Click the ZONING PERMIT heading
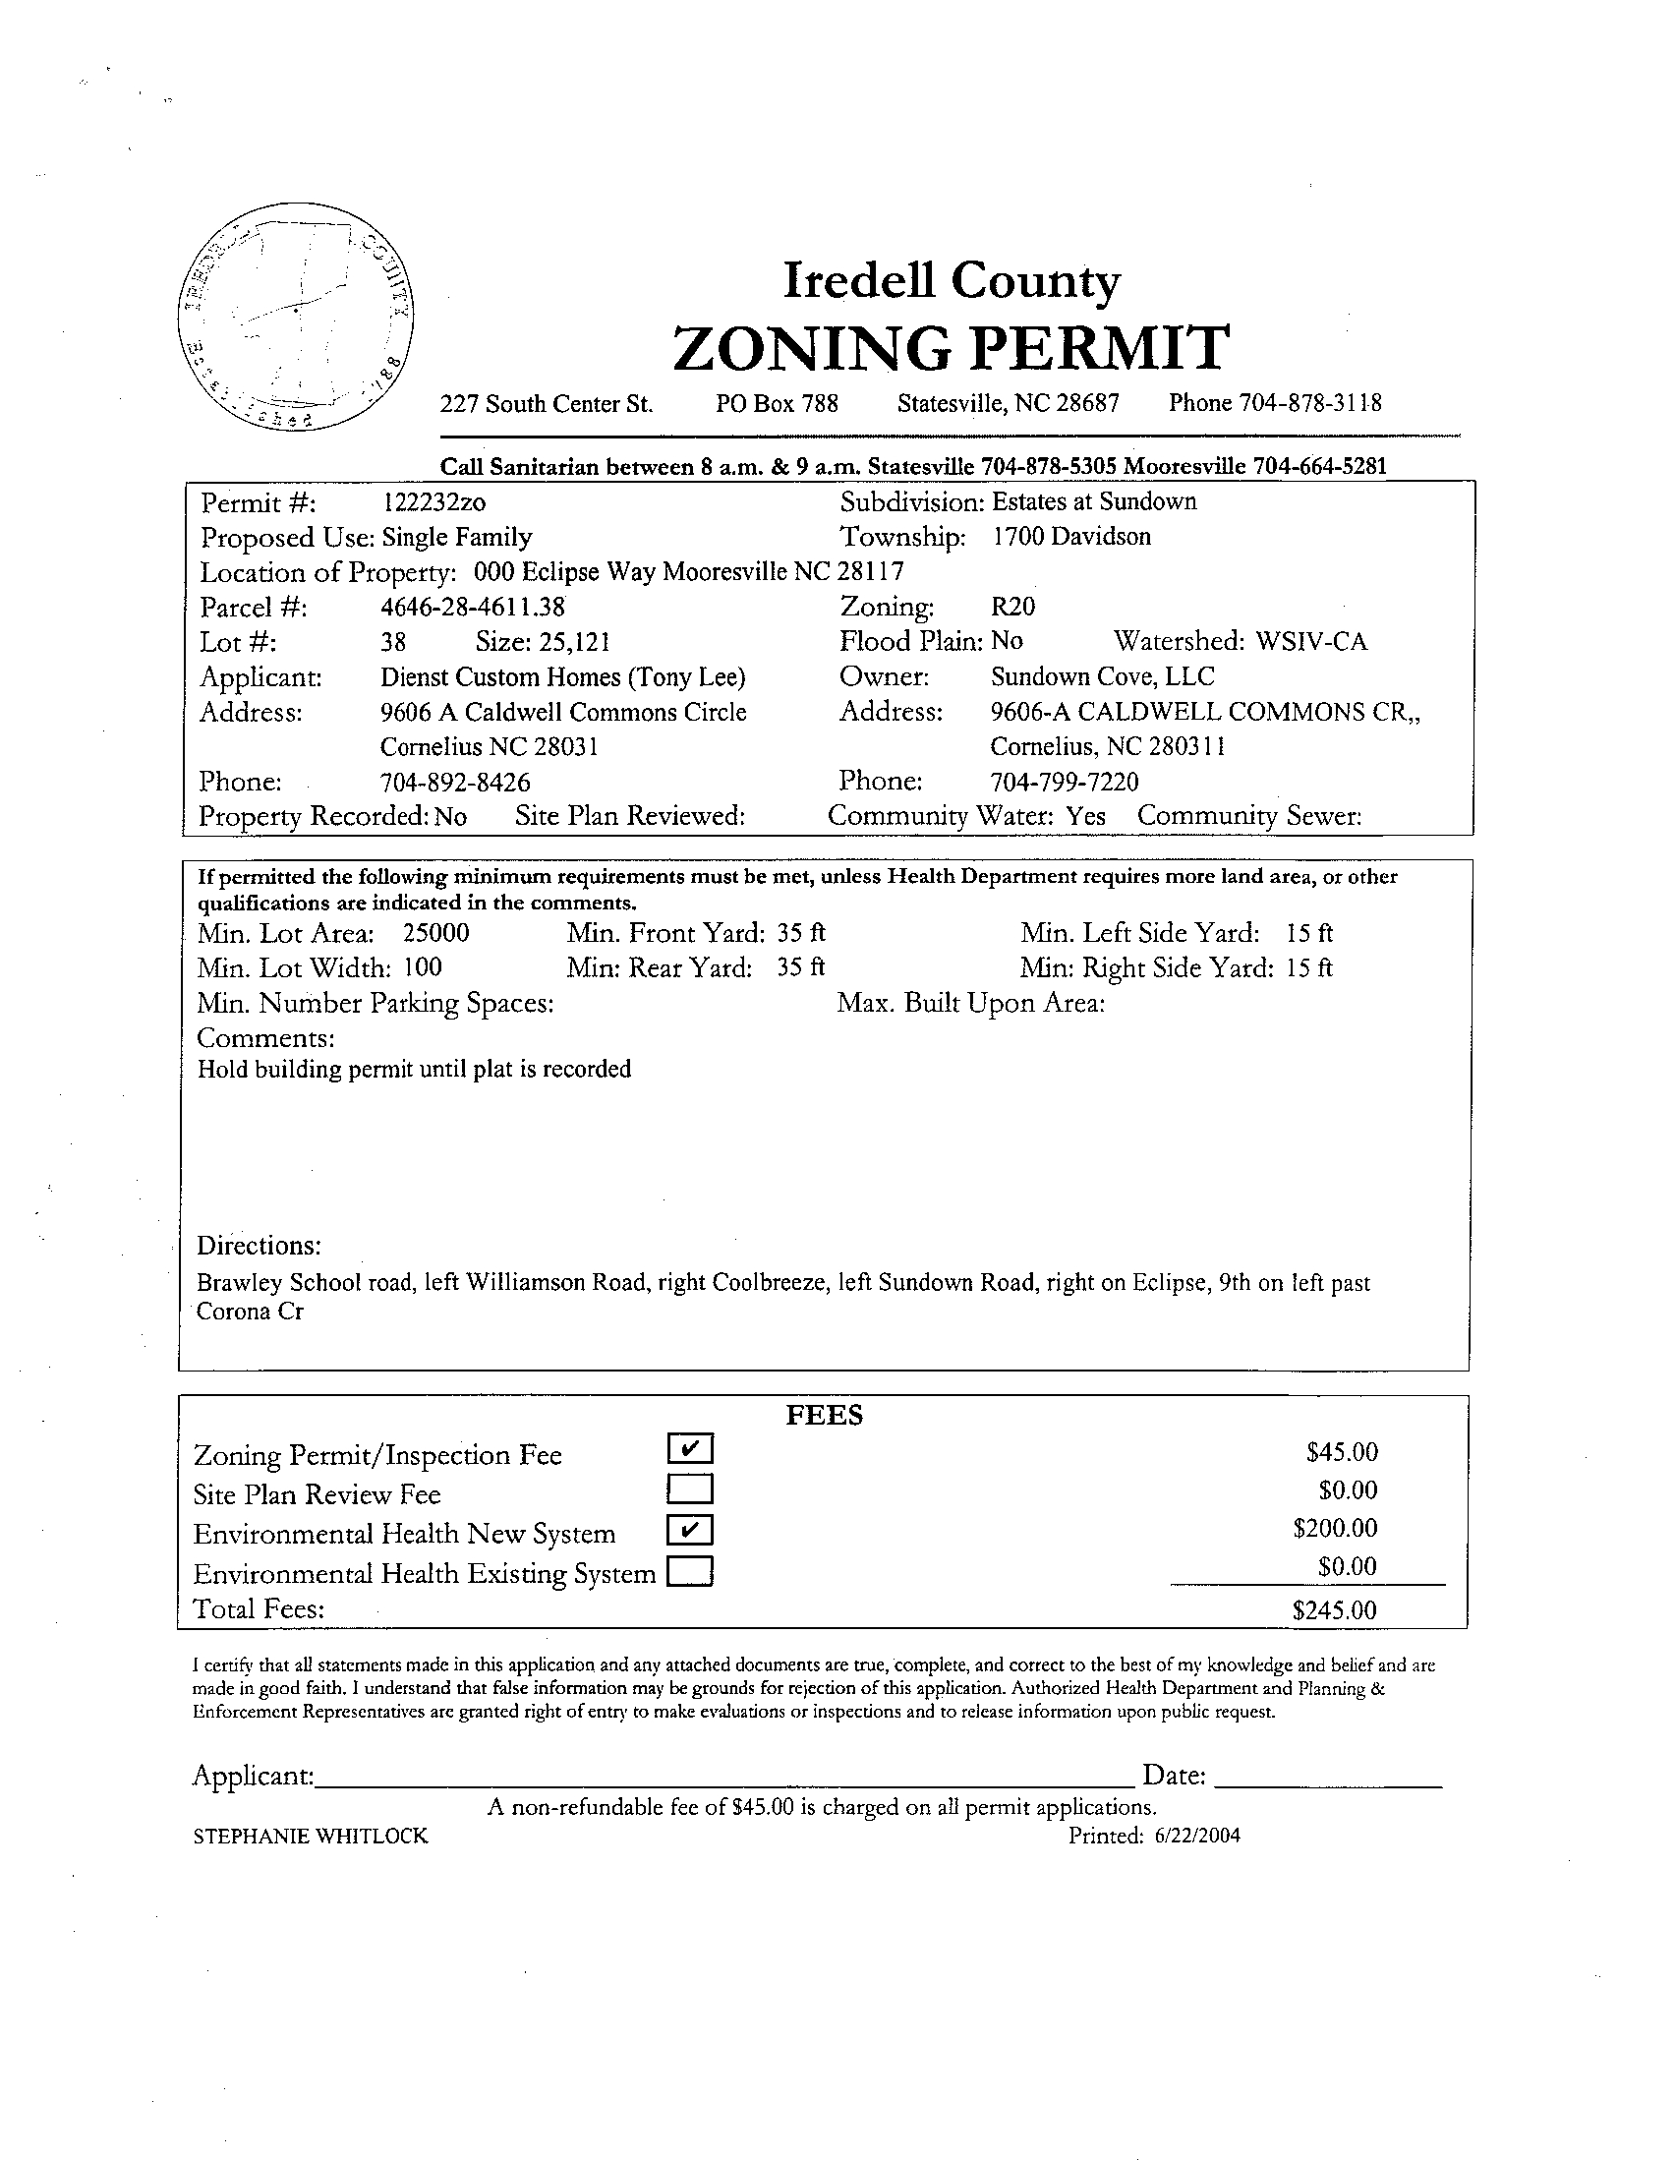coord(951,348)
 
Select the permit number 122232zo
coord(433,503)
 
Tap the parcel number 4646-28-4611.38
coord(473,608)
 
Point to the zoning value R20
coord(1012,607)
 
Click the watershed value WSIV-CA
coord(1311,642)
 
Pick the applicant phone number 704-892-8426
coord(455,783)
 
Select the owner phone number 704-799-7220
coord(1064,783)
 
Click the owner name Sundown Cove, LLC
coord(1103,677)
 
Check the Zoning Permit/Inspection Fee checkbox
coord(690,1449)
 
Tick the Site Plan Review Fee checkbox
coord(690,1489)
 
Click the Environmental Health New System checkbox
coord(690,1530)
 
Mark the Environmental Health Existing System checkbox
coord(690,1571)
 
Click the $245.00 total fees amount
coord(1334,1610)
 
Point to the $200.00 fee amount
coord(1335,1529)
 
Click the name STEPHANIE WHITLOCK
coord(311,1837)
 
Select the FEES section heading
coord(824,1416)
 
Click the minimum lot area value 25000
coord(436,934)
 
